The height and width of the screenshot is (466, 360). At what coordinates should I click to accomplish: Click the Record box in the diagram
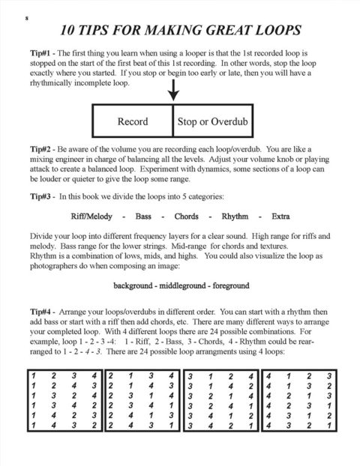pos(133,121)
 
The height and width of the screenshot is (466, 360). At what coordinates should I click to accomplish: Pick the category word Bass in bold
pos(144,217)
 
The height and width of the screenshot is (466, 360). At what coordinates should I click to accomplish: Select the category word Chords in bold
pos(186,217)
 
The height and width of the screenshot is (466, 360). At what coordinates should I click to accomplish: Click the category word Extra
pos(280,217)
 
